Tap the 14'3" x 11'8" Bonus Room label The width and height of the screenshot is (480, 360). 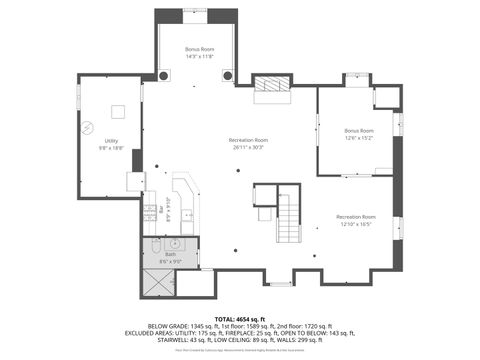point(199,53)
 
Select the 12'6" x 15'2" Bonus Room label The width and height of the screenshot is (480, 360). point(358,134)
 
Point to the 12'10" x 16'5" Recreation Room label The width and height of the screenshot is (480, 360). point(355,220)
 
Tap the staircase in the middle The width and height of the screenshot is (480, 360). point(288,218)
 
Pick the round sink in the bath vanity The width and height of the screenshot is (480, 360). point(175,243)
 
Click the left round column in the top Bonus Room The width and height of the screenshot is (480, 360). point(164,75)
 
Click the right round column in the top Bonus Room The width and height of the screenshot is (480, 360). point(228,75)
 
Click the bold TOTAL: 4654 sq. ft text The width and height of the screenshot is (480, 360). point(240,317)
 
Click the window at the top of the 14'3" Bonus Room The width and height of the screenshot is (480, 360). point(196,12)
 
